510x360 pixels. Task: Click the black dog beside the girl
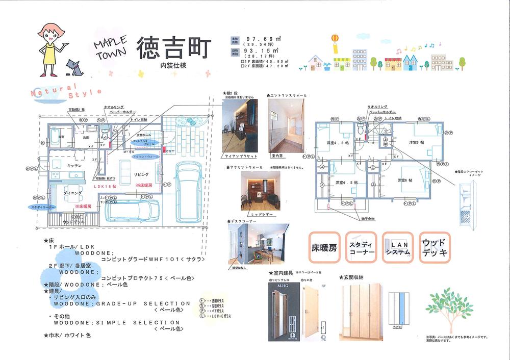coord(72,65)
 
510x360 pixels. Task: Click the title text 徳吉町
coord(173,49)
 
